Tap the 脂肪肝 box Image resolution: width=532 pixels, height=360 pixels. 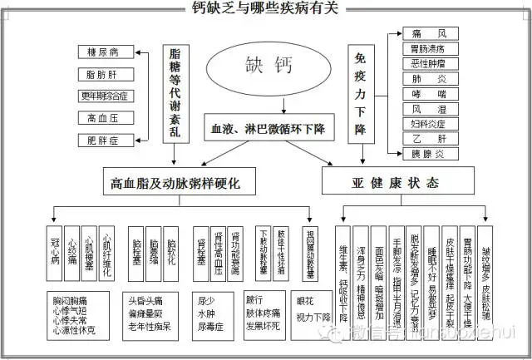point(103,74)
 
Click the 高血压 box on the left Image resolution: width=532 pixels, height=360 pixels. point(103,118)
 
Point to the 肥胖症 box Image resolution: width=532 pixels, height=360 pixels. point(103,141)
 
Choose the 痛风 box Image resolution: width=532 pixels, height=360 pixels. point(429,34)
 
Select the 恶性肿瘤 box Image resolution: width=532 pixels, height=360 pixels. point(429,64)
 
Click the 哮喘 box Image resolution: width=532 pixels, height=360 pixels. point(429,94)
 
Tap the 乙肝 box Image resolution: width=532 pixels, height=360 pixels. point(429,139)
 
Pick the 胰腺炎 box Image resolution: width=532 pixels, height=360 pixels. point(429,154)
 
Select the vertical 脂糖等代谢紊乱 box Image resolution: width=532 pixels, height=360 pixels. point(175,90)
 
